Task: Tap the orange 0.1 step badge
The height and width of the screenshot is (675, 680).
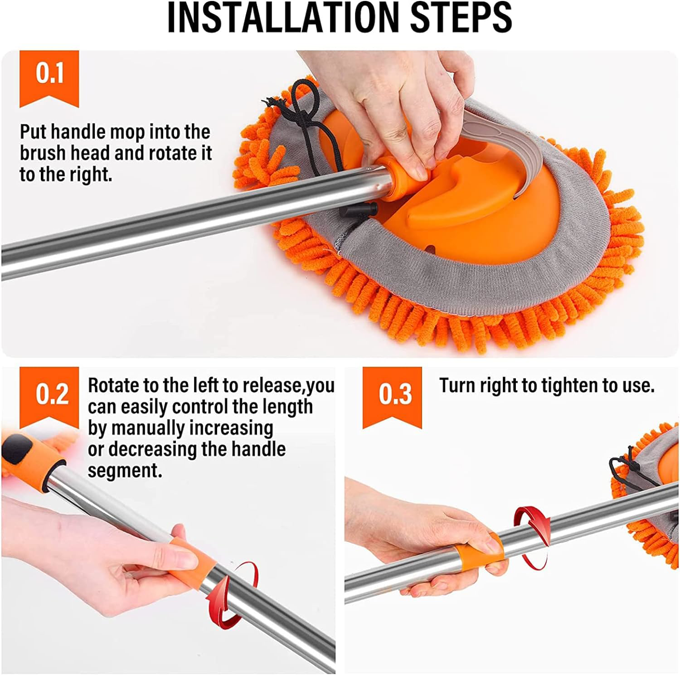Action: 49,75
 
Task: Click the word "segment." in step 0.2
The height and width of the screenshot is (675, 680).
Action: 125,471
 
